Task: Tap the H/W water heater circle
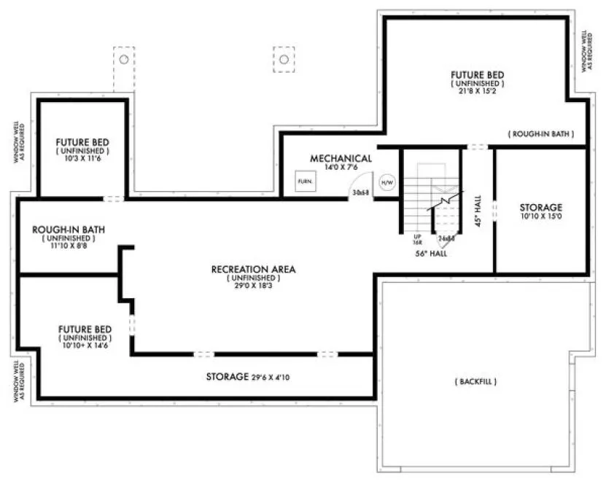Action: pyautogui.click(x=386, y=183)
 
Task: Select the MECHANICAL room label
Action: pyautogui.click(x=341, y=158)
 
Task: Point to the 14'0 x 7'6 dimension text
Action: pyautogui.click(x=341, y=167)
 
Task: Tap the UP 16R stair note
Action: pyautogui.click(x=419, y=239)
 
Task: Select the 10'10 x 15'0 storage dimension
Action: pyautogui.click(x=540, y=216)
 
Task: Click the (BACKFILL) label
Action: pyautogui.click(x=477, y=381)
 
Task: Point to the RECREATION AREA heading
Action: pyautogui.click(x=253, y=269)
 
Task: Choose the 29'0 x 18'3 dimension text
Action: pyautogui.click(x=253, y=286)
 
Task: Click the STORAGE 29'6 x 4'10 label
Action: pyautogui.click(x=252, y=378)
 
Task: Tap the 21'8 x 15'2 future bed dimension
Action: pyautogui.click(x=477, y=93)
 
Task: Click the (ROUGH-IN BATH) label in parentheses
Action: pyautogui.click(x=540, y=134)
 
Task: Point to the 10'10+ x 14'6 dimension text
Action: pyautogui.click(x=85, y=347)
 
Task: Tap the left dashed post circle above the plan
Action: pyautogui.click(x=124, y=58)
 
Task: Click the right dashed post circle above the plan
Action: pyautogui.click(x=284, y=58)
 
